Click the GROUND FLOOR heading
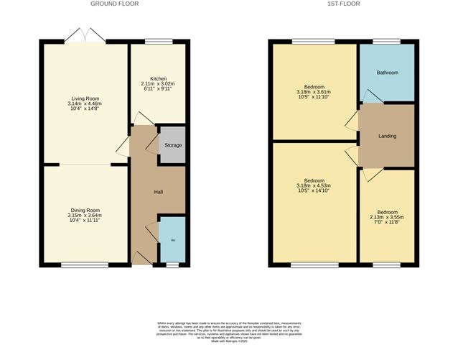[114, 4]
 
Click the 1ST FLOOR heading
[343, 4]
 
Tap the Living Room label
[85, 98]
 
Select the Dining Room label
[85, 209]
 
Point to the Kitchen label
[159, 78]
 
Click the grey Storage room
[172, 145]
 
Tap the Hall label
[159, 192]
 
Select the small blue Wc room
[172, 240]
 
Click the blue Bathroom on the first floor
[388, 73]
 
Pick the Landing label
[388, 136]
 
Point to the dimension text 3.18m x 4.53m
[314, 186]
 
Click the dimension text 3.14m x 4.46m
[85, 104]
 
